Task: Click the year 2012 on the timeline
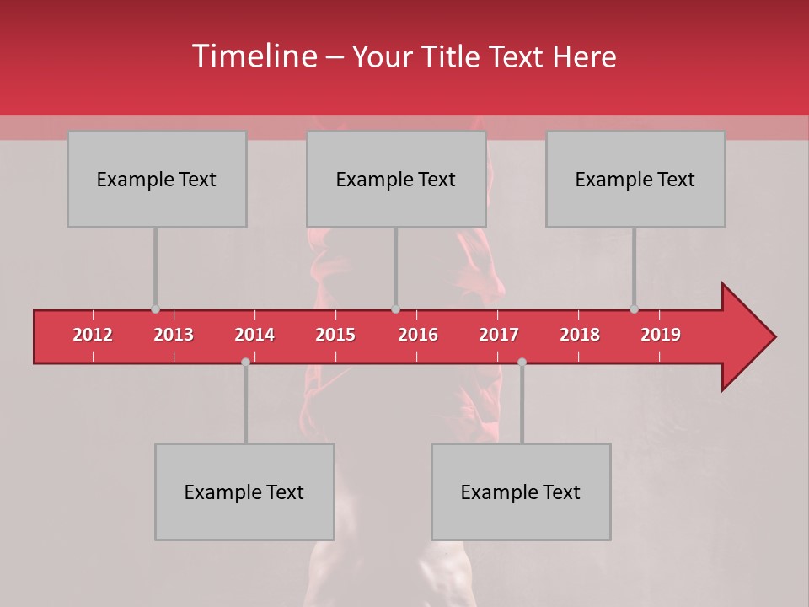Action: [93, 335]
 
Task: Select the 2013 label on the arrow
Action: [174, 335]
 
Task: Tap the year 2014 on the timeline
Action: [254, 335]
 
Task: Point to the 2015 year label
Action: [335, 335]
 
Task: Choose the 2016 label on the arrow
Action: [418, 335]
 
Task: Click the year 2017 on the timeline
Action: [499, 335]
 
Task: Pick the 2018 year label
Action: [580, 335]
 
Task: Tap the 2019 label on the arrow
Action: [661, 335]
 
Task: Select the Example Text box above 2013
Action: [157, 179]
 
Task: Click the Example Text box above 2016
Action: [395, 179]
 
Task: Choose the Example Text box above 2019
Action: [635, 179]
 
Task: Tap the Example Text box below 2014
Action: [244, 492]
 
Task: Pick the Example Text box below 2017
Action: [521, 492]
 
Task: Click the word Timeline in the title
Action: [253, 56]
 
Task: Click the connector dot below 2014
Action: [245, 362]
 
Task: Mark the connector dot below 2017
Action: [522, 362]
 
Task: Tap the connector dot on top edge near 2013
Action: [155, 309]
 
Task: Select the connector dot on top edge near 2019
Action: [634, 309]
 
